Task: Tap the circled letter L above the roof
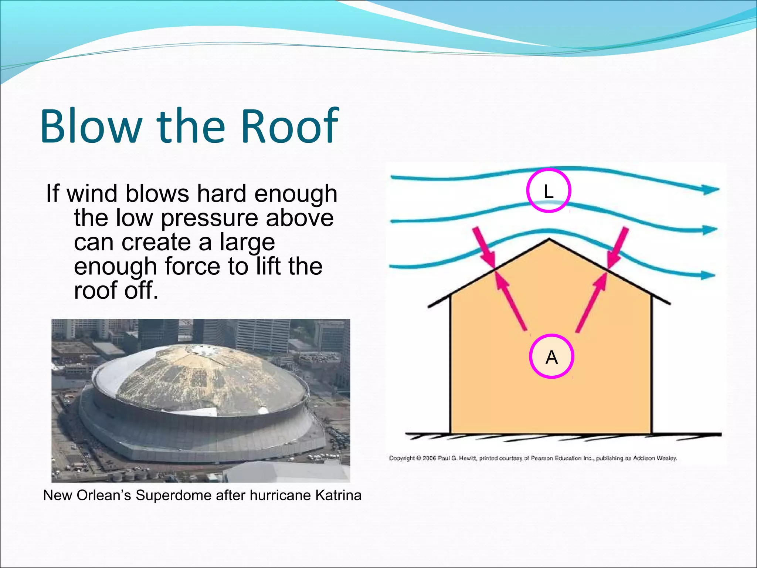pos(549,191)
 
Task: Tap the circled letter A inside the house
pos(551,356)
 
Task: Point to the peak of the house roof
pos(549,239)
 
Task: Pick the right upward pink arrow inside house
pos(591,301)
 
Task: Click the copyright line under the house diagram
pos(533,458)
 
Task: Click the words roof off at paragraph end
pos(116,291)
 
